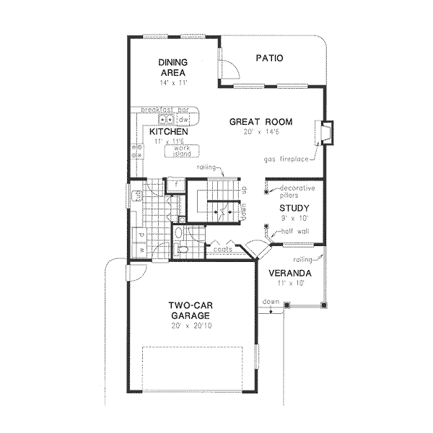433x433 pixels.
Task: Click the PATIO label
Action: tap(268, 58)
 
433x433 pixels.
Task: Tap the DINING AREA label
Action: tap(173, 68)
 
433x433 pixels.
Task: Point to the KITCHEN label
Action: tap(169, 133)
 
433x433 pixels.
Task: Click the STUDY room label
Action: tap(294, 208)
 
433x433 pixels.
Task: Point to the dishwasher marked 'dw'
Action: tap(183, 120)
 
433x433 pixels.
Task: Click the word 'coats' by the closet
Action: tap(221, 248)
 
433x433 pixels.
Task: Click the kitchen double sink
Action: tap(167, 120)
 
